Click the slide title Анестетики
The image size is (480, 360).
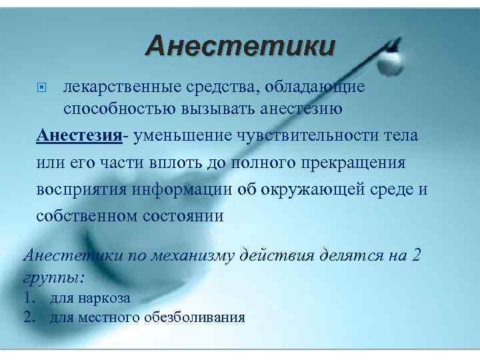pyautogui.click(x=241, y=47)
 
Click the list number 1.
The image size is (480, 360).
pyautogui.click(x=29, y=298)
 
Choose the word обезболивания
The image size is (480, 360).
pyautogui.click(x=193, y=317)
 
